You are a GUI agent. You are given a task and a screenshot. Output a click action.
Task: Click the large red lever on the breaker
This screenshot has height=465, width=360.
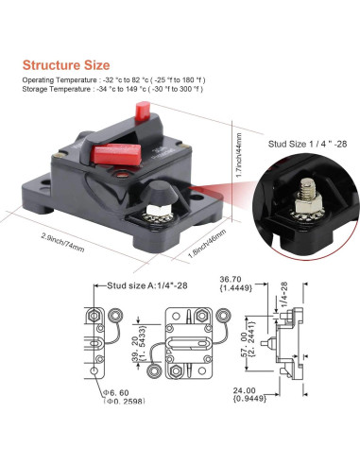coord(118,150)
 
